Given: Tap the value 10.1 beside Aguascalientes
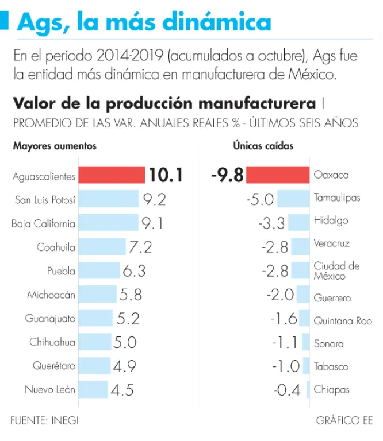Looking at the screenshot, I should [166, 175].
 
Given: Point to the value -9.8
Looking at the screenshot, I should [228, 175].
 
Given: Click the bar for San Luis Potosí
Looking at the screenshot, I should [109, 199].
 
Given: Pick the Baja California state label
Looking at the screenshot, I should [43, 223].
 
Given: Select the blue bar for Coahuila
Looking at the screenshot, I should [102, 247].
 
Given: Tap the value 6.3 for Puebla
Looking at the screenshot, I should [134, 271].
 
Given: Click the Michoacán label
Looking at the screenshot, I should [51, 295].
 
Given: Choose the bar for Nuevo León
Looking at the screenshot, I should [93, 390].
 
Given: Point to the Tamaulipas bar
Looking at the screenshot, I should [293, 199].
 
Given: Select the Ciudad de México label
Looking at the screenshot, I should [336, 270].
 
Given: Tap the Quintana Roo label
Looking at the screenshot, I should [343, 321].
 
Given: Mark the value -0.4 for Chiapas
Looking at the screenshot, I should [288, 390].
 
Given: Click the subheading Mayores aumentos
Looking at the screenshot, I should [55, 146].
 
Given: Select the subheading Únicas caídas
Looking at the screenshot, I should [263, 146].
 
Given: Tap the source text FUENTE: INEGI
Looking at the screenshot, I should [44, 420].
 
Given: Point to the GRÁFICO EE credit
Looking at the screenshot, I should [344, 420].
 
